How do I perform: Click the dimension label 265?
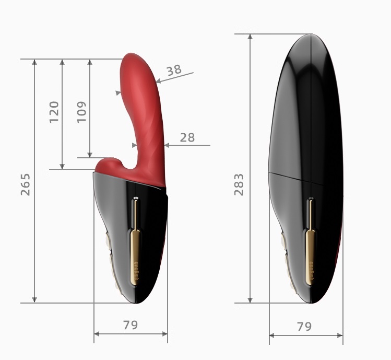pos(25,184)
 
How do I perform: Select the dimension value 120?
pos(54,112)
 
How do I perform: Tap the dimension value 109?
pos(81,112)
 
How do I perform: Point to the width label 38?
pos(174,69)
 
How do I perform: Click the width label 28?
pos(187,137)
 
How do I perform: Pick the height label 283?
pos(239,184)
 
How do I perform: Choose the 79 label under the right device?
pos(304,327)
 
